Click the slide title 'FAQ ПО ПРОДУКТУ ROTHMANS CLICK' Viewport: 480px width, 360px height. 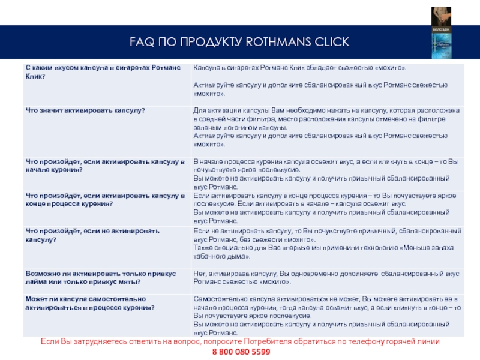pos(239,41)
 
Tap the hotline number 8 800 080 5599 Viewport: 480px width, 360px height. pos(241,351)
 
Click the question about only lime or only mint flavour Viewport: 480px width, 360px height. pos(100,277)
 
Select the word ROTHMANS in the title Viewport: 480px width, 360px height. pos(277,41)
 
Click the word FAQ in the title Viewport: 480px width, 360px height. pos(142,41)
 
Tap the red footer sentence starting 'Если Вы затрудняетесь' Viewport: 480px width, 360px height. pos(240,341)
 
